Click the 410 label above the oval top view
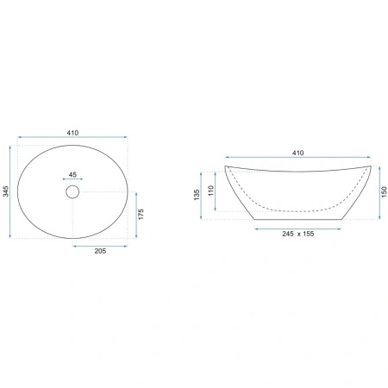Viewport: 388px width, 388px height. tap(72, 133)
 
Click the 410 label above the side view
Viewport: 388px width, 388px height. tap(297, 153)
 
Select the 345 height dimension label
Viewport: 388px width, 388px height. tap(6, 191)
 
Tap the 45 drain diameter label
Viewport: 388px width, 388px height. tap(72, 174)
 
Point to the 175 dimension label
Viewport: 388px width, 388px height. tap(141, 215)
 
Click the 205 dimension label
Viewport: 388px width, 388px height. tap(100, 251)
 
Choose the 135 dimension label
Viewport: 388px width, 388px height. tap(197, 195)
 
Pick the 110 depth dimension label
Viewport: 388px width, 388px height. tap(211, 191)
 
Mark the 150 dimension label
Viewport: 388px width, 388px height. tap(385, 191)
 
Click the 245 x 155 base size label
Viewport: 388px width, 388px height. tap(298, 234)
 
